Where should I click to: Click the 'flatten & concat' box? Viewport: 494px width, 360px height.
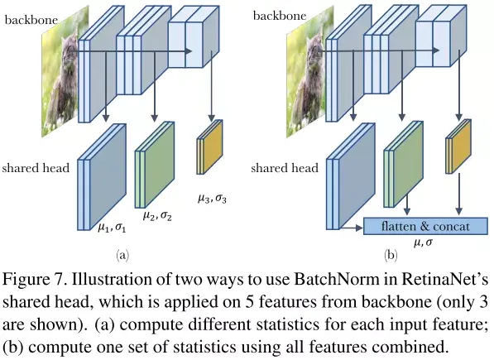coord(420,227)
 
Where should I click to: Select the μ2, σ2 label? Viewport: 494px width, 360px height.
coord(157,216)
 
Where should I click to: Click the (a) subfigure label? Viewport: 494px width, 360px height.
coord(122,255)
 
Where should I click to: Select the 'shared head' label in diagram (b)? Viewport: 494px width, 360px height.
coord(284,168)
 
